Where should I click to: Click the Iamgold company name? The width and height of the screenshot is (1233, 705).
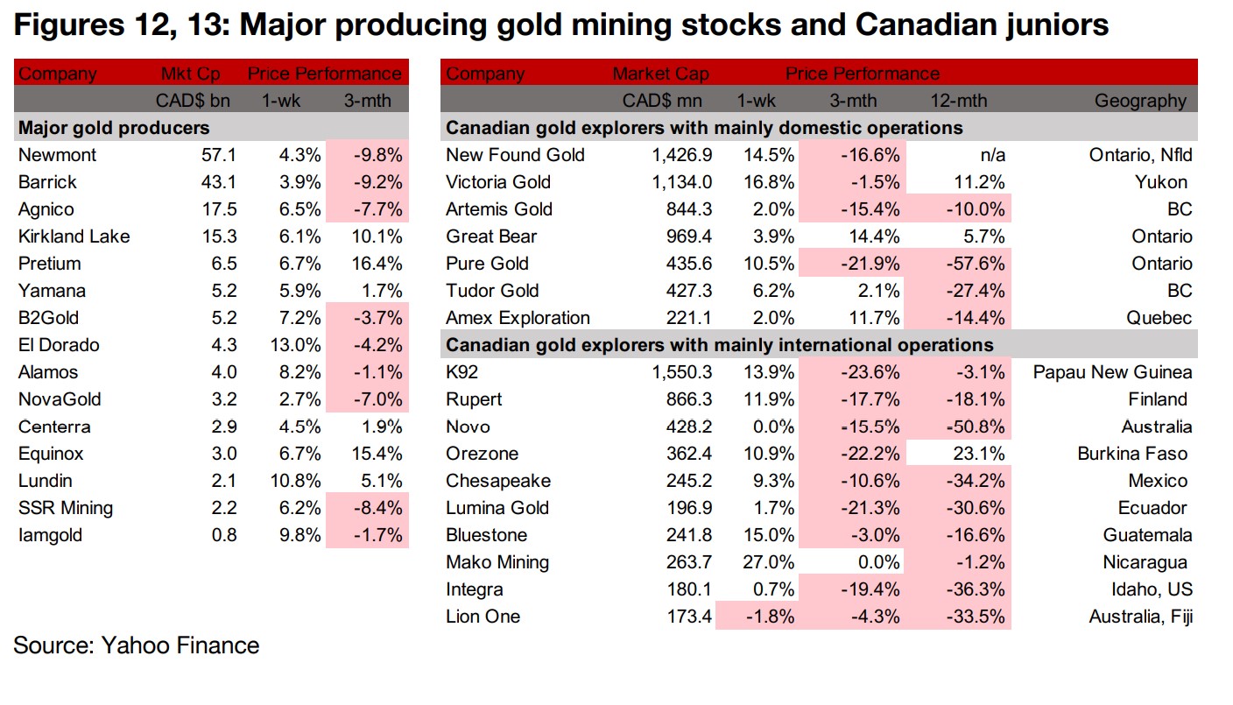pos(51,535)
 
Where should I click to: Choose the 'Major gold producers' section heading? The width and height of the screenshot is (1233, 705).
pos(114,129)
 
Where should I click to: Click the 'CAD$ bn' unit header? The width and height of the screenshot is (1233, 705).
pos(193,102)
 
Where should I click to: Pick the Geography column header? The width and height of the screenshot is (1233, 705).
pos(1140,102)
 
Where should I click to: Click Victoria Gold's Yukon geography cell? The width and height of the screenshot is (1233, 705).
pos(1159,182)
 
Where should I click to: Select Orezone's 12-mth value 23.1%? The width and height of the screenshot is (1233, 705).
pos(975,454)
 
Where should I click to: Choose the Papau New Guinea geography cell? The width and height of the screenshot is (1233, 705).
pos(1112,372)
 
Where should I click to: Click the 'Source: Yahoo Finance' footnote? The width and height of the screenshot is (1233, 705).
pos(136,646)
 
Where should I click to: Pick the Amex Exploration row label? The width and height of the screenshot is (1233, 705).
pos(518,318)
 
